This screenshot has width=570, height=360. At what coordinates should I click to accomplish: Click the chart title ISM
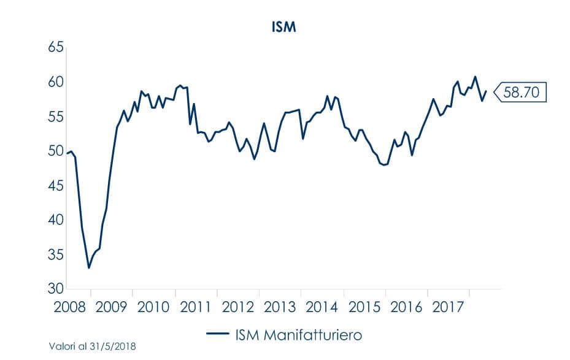point(284,28)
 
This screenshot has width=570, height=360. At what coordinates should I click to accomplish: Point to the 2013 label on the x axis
point(279,306)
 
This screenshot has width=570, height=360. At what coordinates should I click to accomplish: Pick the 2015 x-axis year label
point(363,306)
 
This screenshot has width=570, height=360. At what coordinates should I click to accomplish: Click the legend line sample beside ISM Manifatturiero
point(217,335)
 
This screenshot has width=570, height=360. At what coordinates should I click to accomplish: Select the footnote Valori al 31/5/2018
point(93,347)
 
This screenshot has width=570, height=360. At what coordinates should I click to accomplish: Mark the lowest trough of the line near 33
point(89,268)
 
